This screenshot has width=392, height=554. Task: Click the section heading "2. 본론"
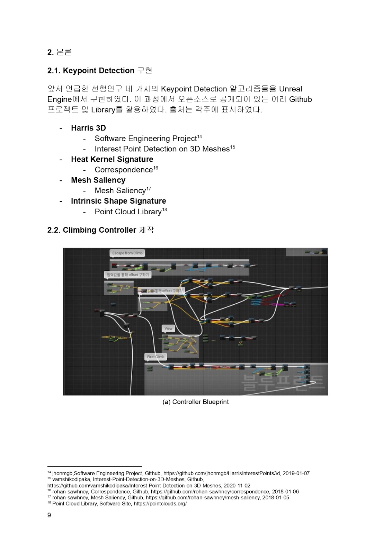pyautogui.click(x=59, y=52)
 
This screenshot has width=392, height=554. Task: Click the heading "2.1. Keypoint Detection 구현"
pyautogui.click(x=99, y=71)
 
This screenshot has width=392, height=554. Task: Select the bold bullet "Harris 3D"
pyautogui.click(x=88, y=128)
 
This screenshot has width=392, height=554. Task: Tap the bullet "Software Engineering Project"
pyautogui.click(x=145, y=138)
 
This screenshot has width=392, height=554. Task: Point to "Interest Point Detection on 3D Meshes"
pyautogui.click(x=162, y=149)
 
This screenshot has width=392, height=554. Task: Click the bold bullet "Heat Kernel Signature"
pyautogui.click(x=112, y=159)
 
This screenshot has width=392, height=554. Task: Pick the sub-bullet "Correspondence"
pyautogui.click(x=124, y=170)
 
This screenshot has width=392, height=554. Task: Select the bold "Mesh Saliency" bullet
pyautogui.click(x=98, y=180)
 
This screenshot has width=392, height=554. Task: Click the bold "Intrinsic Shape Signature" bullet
pyautogui.click(x=118, y=201)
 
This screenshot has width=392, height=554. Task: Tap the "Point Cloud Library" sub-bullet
pyautogui.click(x=128, y=212)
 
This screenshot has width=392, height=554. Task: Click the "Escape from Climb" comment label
pyautogui.click(x=127, y=253)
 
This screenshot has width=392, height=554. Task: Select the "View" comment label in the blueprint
pyautogui.click(x=168, y=328)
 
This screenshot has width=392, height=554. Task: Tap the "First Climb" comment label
pyautogui.click(x=156, y=357)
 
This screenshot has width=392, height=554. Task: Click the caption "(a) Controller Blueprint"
pyautogui.click(x=196, y=402)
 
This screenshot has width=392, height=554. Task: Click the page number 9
pyautogui.click(x=49, y=515)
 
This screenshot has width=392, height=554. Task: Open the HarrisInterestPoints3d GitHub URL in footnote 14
pyautogui.click(x=222, y=473)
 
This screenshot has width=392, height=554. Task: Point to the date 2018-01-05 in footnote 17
pyautogui.click(x=276, y=498)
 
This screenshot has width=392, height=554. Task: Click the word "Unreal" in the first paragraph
pyautogui.click(x=291, y=89)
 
